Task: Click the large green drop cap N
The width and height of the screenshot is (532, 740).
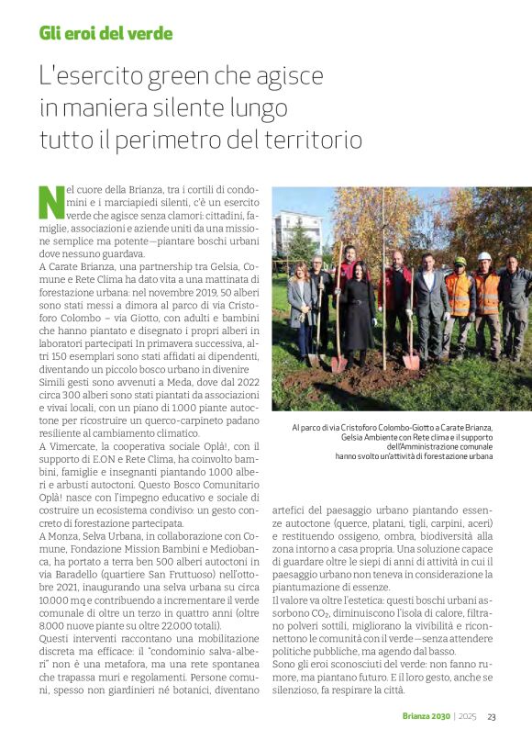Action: click(50, 201)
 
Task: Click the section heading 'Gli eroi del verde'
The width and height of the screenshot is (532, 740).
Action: click(105, 34)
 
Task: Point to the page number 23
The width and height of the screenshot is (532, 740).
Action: click(492, 717)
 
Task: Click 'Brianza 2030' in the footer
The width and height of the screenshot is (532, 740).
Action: click(427, 717)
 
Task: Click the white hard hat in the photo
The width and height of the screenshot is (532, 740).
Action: click(484, 257)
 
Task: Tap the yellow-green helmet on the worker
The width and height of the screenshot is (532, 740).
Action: click(460, 262)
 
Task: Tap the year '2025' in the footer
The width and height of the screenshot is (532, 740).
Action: click(468, 717)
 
